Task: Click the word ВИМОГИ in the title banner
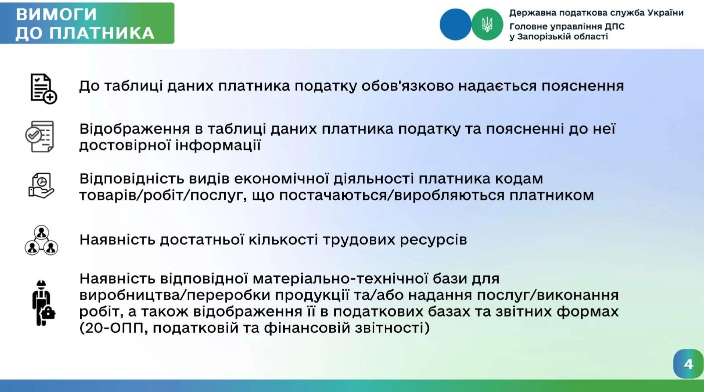[57, 14]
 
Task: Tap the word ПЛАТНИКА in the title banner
[103, 33]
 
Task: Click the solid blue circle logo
[455, 24]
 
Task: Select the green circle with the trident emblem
[487, 24]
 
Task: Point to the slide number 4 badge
[688, 364]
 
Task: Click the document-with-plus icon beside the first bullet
[43, 89]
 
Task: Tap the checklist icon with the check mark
[40, 136]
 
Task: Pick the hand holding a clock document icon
[41, 186]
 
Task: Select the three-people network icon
[41, 240]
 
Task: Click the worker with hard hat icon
[43, 303]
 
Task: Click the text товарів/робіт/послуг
[162, 195]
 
